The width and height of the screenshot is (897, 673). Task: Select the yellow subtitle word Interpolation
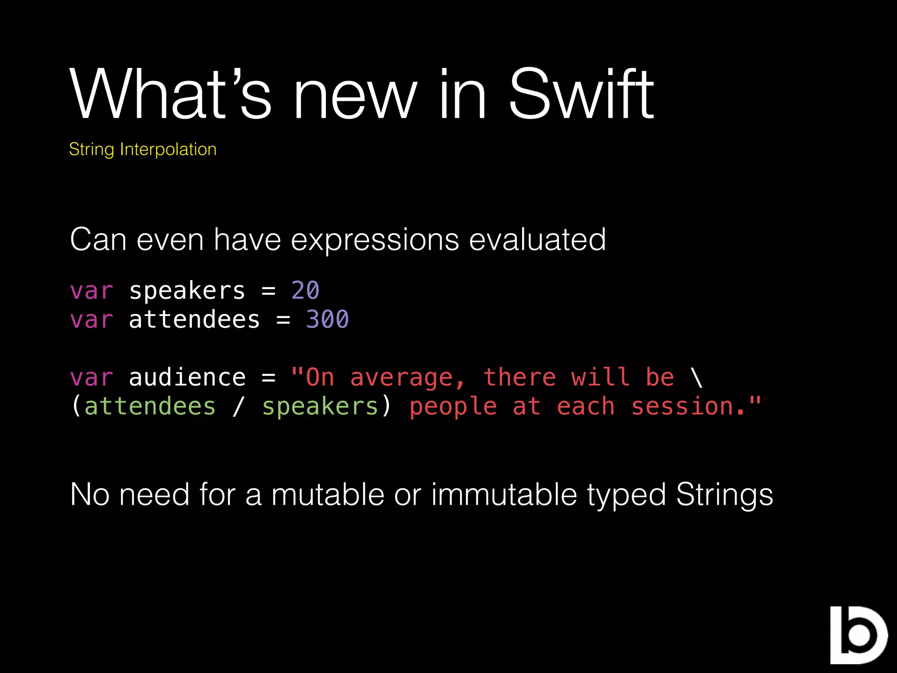[x=168, y=149]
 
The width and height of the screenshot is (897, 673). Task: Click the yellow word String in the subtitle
[x=92, y=150]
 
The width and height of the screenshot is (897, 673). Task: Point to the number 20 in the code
[x=305, y=290]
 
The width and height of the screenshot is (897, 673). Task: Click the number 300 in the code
[x=327, y=319]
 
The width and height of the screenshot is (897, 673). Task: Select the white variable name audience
[x=187, y=378]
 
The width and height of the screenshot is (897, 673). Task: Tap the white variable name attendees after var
[x=194, y=319]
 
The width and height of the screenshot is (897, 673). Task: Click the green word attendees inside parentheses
[x=150, y=407]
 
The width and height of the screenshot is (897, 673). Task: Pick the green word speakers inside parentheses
[x=320, y=407]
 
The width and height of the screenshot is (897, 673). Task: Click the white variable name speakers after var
[x=187, y=290]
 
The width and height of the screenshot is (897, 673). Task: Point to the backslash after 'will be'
[x=696, y=378]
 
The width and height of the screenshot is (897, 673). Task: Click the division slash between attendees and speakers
[x=238, y=407]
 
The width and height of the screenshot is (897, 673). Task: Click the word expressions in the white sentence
[x=375, y=240]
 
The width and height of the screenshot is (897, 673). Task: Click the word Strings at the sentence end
[x=724, y=494]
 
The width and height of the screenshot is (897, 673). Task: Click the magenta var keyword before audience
[x=92, y=378]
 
